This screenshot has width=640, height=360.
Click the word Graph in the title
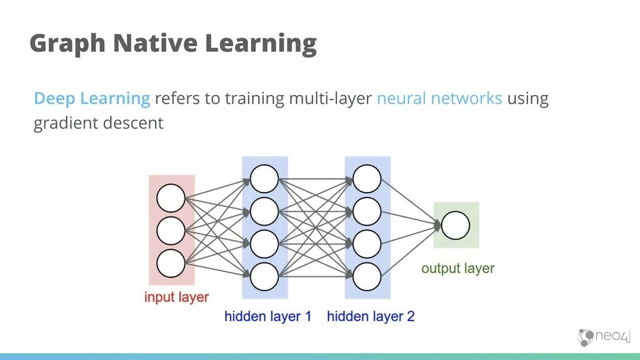point(66,44)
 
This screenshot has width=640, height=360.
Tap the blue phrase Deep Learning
point(92,99)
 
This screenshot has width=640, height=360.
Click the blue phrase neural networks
point(439,99)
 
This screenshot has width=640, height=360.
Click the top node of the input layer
point(171,198)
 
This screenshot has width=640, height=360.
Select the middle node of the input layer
point(171,231)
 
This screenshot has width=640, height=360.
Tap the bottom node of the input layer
point(171,263)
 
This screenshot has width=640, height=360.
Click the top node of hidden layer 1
point(264,179)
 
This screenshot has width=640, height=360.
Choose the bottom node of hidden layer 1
point(264,276)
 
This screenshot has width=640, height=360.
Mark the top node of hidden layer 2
point(367,179)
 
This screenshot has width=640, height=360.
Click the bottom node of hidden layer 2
point(367,276)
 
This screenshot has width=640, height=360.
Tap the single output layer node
point(456,225)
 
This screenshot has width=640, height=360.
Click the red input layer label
point(176,297)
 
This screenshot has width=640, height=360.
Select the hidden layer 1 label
point(268,316)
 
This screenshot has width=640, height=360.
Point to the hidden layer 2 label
point(371,316)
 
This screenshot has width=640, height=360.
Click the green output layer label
point(457,269)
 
